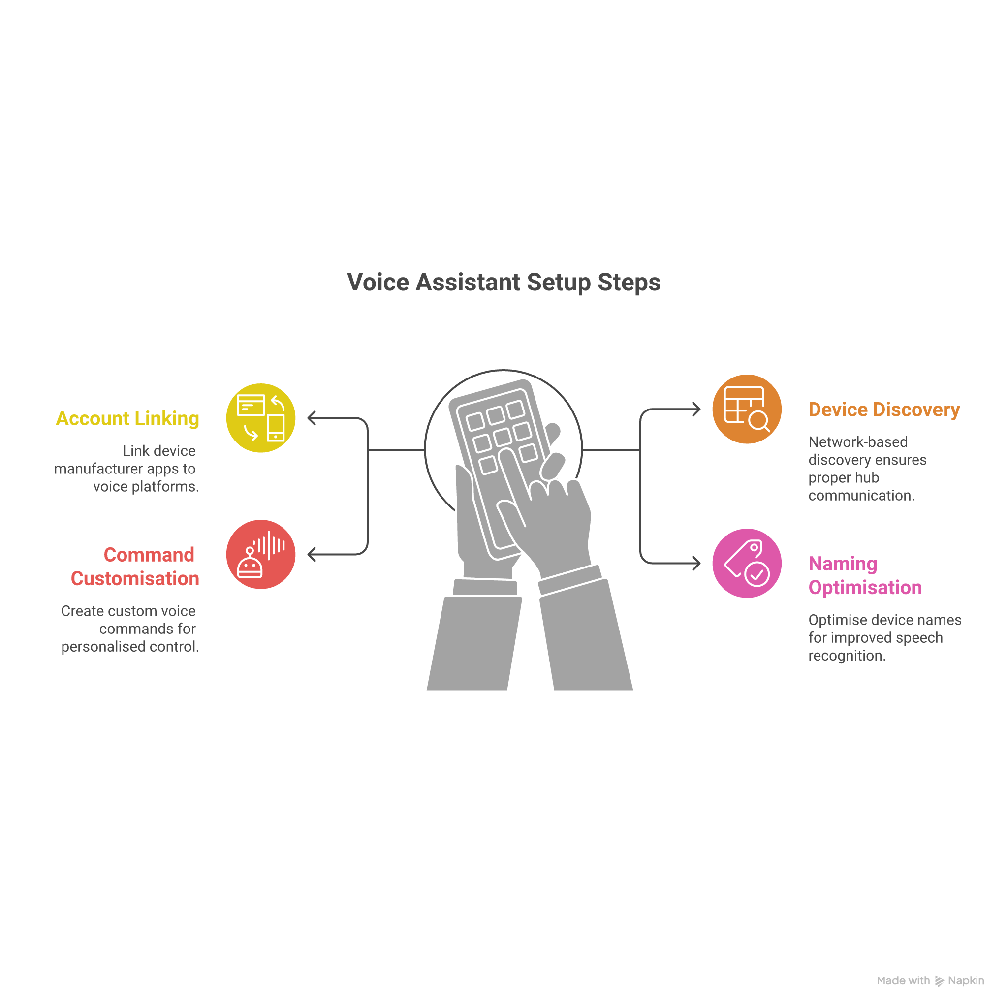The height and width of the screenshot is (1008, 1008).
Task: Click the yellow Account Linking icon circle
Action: pos(261,418)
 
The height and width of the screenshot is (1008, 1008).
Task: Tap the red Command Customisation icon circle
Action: pos(261,554)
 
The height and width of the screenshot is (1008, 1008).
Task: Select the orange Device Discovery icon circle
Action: pos(747,409)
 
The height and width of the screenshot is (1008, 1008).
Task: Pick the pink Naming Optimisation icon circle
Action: pos(747,563)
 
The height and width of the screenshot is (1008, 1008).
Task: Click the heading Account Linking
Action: pos(127,418)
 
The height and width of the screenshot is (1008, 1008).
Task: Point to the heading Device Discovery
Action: pos(884,409)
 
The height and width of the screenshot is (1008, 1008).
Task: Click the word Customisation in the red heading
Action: pos(135,578)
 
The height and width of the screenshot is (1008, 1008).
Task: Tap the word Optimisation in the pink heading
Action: pos(865,587)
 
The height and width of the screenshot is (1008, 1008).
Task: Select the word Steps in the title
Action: pos(629,282)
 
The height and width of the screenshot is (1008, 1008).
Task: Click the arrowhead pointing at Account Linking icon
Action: pos(312,418)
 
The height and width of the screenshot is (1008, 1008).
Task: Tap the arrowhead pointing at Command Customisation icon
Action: pos(312,554)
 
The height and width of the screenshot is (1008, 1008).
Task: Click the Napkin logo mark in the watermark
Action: pos(939,981)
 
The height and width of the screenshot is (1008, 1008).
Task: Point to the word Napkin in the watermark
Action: pos(966,981)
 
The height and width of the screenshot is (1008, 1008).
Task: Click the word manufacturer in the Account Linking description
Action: pos(98,469)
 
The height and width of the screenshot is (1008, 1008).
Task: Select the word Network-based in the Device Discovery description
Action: pos(858,442)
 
